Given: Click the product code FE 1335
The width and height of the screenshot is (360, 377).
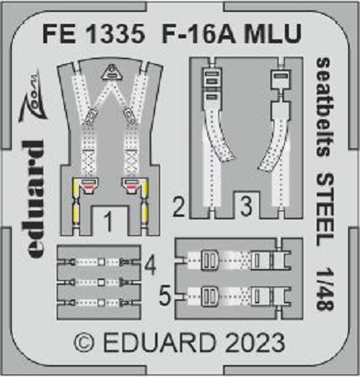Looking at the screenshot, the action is click(x=94, y=34).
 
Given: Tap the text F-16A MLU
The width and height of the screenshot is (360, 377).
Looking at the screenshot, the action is click(x=232, y=34).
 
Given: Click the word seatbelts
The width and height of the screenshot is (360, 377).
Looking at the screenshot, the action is click(x=324, y=107).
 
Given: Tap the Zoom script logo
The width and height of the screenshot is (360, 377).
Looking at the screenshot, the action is click(x=32, y=96).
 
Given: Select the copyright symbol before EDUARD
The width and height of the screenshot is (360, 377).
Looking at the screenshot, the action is click(x=84, y=343).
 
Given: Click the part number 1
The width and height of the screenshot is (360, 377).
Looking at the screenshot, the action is click(x=108, y=223).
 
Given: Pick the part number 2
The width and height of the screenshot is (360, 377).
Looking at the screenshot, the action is click(x=178, y=206).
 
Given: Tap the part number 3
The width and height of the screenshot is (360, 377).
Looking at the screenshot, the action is click(x=246, y=206).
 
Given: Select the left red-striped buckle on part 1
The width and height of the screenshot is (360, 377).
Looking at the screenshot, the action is click(x=88, y=185).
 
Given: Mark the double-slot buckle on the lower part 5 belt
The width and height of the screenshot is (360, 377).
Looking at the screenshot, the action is click(x=210, y=296).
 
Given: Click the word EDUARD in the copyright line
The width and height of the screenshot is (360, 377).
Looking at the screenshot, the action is click(x=159, y=343).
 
